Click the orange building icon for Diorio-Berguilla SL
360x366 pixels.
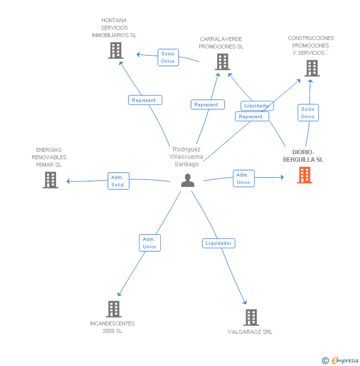pos(305,175)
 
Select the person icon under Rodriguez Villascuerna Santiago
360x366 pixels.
pos(187,181)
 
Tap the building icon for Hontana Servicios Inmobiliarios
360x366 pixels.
pos(115,50)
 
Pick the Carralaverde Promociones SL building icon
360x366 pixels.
pos(223,62)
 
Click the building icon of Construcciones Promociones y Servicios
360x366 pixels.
pos(312,68)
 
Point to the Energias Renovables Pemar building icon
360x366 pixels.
pos(50,180)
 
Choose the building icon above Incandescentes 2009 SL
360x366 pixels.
pos(114,309)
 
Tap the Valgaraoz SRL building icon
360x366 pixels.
pos(251,318)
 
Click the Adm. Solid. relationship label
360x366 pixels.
pos(118,181)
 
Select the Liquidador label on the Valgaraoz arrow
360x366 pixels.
pos(219,243)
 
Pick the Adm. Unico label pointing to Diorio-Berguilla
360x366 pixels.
pos(243,179)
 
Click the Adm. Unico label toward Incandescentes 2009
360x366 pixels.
pos(149,243)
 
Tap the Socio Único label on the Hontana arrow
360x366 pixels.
pos(168,57)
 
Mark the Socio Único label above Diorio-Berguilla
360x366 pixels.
pos(308,113)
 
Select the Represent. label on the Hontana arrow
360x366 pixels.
pos(144,100)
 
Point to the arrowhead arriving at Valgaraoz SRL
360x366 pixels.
pos(244,303)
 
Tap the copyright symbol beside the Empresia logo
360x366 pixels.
pos(325,361)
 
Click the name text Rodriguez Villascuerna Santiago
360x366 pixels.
pos(186,157)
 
